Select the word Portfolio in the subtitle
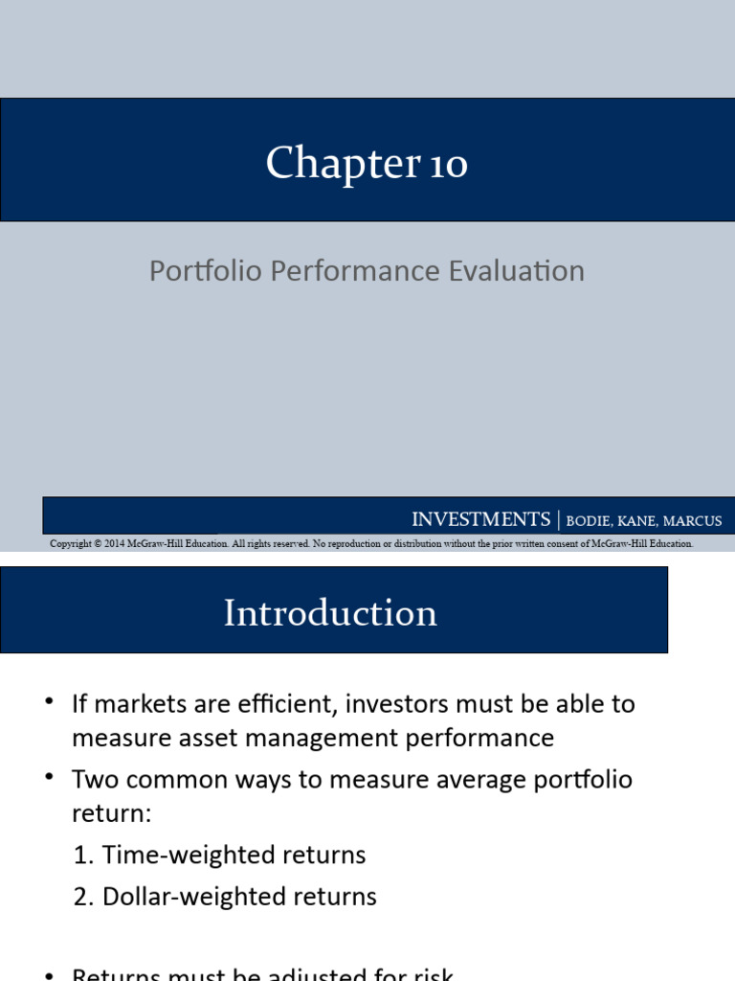(x=206, y=271)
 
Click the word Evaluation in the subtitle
(x=517, y=271)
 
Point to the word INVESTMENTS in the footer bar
(x=480, y=519)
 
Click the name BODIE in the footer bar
(x=592, y=521)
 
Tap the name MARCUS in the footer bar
(x=690, y=521)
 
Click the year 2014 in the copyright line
(x=105, y=543)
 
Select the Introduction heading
(x=330, y=613)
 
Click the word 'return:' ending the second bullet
(x=112, y=814)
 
